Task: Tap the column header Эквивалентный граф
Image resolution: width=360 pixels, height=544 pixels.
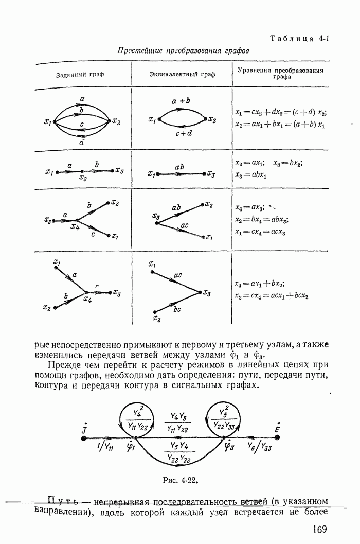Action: pos(182,75)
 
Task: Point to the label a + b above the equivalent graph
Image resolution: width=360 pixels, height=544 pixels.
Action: pos(182,101)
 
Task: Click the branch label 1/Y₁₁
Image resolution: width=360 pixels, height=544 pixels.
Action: pos(105,447)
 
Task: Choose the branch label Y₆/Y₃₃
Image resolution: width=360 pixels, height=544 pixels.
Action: pos(259,446)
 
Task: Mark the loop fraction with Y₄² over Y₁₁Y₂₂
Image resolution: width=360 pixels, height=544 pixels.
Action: pos(137,419)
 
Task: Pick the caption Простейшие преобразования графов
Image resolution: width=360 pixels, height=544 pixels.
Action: pos(183,51)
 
